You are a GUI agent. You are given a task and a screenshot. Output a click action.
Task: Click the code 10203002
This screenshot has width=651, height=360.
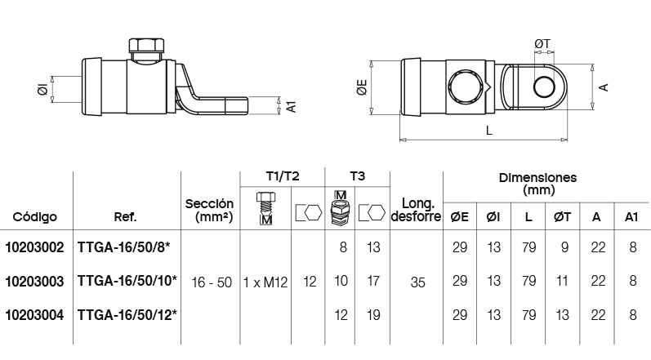click(34, 247)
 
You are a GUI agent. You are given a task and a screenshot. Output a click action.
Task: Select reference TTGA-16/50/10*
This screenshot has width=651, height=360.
click(127, 281)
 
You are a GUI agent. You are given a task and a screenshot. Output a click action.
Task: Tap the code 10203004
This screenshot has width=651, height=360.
click(34, 315)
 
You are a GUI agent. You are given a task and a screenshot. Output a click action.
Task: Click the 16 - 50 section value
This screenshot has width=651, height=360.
click(212, 282)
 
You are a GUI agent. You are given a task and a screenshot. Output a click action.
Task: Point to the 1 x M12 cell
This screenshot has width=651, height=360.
click(265, 282)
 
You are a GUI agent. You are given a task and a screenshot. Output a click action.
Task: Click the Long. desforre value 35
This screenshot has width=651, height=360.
click(417, 282)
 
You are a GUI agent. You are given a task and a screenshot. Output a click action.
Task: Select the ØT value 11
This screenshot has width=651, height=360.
click(562, 281)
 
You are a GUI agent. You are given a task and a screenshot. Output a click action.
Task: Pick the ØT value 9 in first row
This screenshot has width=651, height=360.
click(564, 247)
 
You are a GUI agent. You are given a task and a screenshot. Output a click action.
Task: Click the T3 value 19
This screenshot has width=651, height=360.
click(373, 315)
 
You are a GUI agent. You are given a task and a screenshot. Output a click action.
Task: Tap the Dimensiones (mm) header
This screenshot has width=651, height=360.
click(538, 184)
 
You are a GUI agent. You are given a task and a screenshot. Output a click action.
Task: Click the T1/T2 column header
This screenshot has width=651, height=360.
click(283, 176)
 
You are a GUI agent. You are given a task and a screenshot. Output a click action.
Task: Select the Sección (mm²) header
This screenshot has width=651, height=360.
click(209, 210)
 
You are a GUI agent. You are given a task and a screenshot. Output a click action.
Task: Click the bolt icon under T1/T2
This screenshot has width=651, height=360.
click(265, 208)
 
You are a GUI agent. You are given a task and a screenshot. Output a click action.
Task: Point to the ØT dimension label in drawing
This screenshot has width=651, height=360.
click(542, 43)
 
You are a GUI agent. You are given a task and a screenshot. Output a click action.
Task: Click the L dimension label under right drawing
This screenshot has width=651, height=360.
click(489, 131)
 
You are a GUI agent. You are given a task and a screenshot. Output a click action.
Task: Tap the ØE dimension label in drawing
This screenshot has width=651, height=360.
click(363, 87)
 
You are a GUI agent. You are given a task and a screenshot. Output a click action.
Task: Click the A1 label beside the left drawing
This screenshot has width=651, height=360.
click(292, 107)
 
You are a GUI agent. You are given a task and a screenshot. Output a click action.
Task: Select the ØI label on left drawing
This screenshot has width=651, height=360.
click(42, 89)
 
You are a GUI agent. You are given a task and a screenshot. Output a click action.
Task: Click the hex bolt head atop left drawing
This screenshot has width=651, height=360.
click(146, 45)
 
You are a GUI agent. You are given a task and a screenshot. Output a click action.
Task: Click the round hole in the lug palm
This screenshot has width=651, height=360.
click(544, 87)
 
